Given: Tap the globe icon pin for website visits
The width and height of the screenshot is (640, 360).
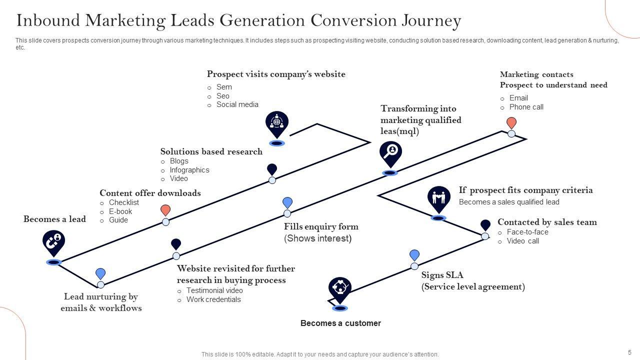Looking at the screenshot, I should coord(277,122).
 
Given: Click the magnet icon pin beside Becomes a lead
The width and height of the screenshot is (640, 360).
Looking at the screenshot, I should coord(53,242).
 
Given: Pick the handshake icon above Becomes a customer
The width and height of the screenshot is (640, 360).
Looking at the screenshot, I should coord(340,288).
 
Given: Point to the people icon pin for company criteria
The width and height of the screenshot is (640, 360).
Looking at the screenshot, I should coord(438,198).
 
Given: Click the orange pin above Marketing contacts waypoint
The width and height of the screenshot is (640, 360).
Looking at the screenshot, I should coord(511,123).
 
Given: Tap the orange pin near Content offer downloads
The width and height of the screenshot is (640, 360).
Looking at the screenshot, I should coord(165,210).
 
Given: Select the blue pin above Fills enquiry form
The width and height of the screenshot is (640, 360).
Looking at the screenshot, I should coord(287,202).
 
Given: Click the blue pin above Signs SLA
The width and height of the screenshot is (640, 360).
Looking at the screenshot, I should coord(414,255).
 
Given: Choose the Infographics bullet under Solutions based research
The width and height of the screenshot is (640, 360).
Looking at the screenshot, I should coord(189,170).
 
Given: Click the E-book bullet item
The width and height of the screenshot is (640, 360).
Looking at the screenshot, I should coord(120,211).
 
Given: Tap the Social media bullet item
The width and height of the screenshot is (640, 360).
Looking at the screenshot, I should coord(237,104).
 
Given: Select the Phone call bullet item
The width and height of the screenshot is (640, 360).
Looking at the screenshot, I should coord(526,107).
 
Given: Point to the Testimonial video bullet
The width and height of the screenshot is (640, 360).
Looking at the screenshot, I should coord(214,290).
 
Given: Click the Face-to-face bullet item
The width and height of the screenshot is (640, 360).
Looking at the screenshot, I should coord(527,232).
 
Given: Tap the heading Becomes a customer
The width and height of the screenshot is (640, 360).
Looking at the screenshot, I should coord(340,323).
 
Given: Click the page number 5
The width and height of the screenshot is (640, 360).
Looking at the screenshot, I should coord(629,352).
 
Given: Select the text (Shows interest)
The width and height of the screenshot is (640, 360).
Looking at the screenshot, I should coord(317,238).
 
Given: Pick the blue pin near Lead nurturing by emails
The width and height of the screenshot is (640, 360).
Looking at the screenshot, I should coord(100,273).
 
